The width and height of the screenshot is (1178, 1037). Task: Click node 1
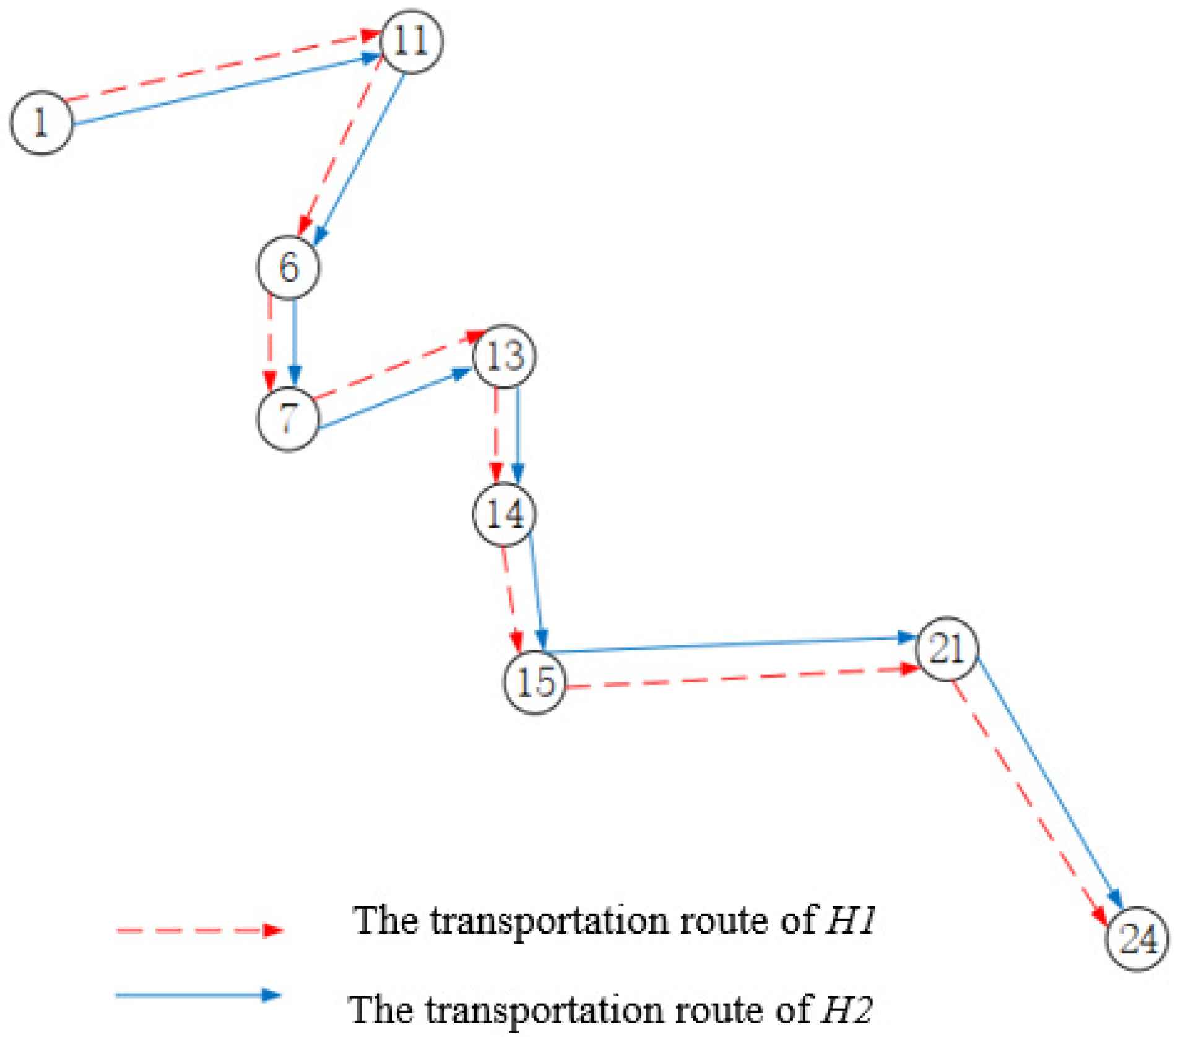coord(41,123)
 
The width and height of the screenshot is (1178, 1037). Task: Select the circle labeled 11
coord(412,41)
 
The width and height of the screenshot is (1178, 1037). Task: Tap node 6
coord(288,267)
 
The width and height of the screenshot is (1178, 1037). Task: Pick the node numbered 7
coord(288,418)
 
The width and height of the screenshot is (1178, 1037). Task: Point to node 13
coord(505,356)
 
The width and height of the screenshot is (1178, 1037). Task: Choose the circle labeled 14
coord(505,514)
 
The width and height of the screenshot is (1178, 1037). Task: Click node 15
coord(535,683)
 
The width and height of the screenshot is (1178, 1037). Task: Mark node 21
coord(947,649)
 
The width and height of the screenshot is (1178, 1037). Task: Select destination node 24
coord(1138,939)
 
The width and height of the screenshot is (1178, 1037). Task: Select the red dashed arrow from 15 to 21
coord(743,678)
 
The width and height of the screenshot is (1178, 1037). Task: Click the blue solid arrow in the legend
coord(198,995)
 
